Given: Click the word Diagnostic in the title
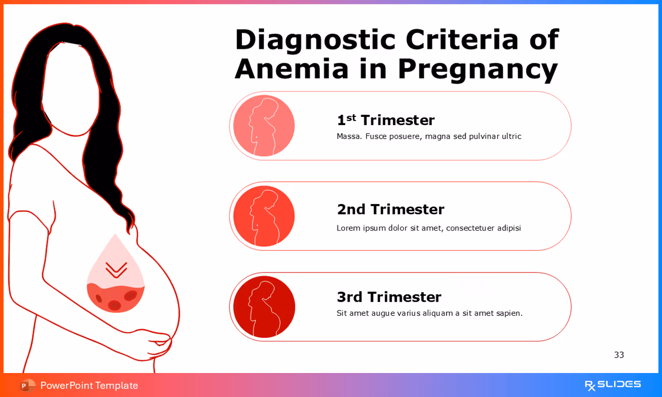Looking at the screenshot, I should tap(315, 40).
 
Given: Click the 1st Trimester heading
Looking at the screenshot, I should tap(385, 120).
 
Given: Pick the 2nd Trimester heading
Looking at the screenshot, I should tap(390, 209).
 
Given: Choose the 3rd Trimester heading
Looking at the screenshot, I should tap(389, 297).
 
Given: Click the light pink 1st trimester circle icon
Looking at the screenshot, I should tap(264, 126).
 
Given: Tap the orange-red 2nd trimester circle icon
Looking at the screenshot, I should tap(264, 216).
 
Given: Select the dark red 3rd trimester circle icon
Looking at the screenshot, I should tap(264, 307).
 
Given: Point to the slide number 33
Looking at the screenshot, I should tap(619, 355).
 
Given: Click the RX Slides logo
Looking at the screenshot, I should tap(612, 385).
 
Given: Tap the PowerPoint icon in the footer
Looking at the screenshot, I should tap(28, 385).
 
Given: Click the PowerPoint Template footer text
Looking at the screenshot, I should tap(89, 385).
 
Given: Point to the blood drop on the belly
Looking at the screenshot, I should tap(116, 278).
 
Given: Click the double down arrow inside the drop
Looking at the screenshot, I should tap(116, 269).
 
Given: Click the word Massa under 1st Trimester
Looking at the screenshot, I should tap(349, 136).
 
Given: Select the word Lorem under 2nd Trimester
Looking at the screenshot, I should tap(348, 228).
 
